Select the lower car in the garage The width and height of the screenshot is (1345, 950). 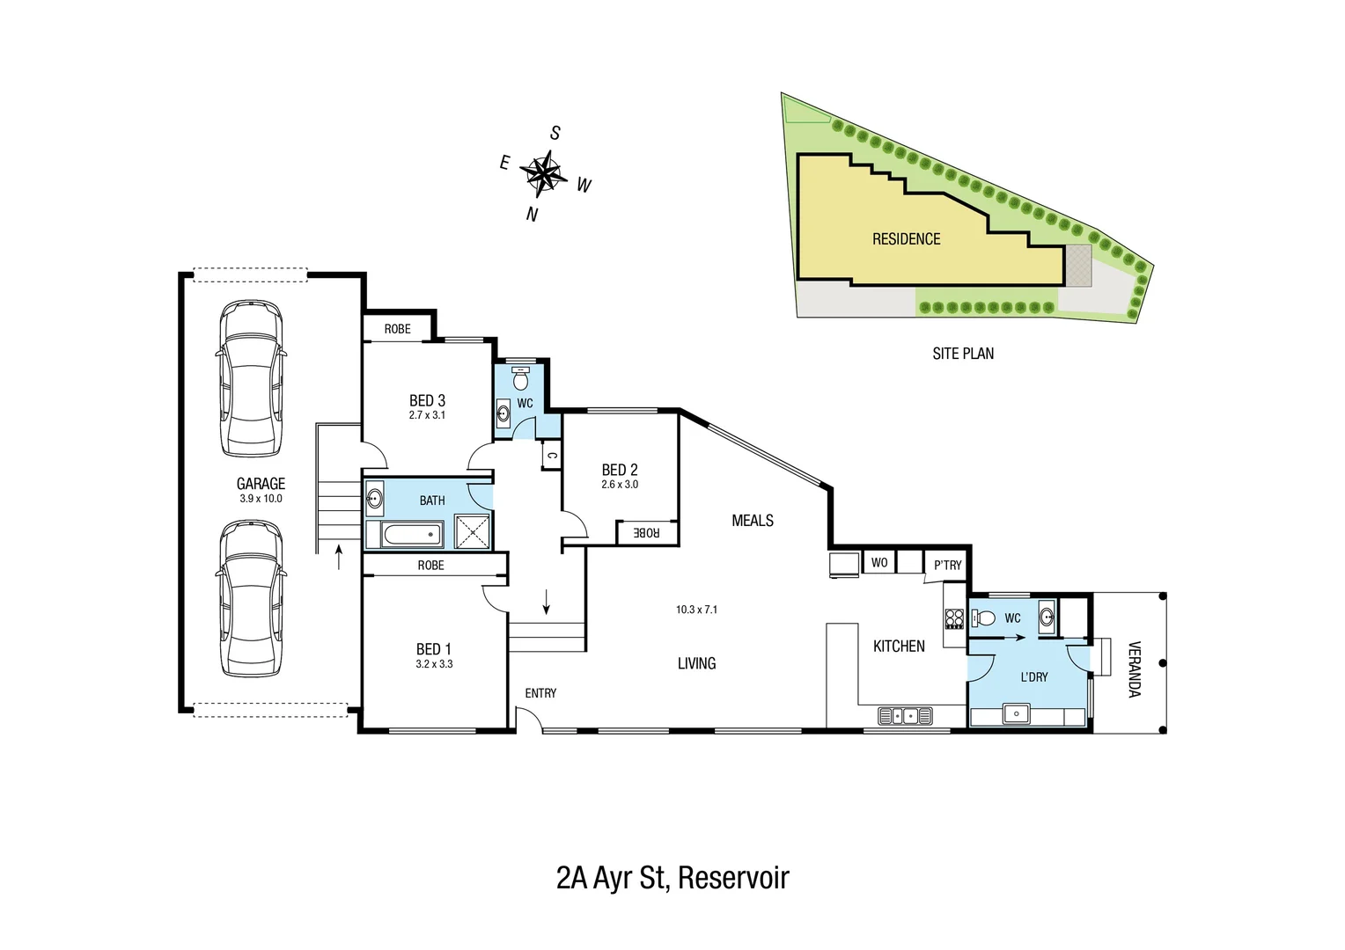(x=252, y=598)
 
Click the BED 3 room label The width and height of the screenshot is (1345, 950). (x=427, y=400)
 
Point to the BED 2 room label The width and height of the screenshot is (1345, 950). (x=620, y=470)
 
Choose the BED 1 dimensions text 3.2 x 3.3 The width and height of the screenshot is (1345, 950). (x=434, y=664)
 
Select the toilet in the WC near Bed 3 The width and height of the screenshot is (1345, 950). (x=521, y=378)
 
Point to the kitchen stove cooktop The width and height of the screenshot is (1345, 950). (x=954, y=618)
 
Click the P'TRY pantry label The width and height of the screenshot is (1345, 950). (x=947, y=565)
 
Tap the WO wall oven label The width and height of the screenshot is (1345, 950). (x=878, y=562)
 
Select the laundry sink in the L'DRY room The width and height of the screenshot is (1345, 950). (x=1018, y=712)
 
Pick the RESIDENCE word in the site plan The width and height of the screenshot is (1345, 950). (x=906, y=239)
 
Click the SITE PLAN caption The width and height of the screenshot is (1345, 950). (x=963, y=354)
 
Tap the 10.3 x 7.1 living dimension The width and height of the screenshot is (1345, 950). (x=696, y=609)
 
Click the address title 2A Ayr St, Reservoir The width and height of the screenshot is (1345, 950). (x=672, y=878)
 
